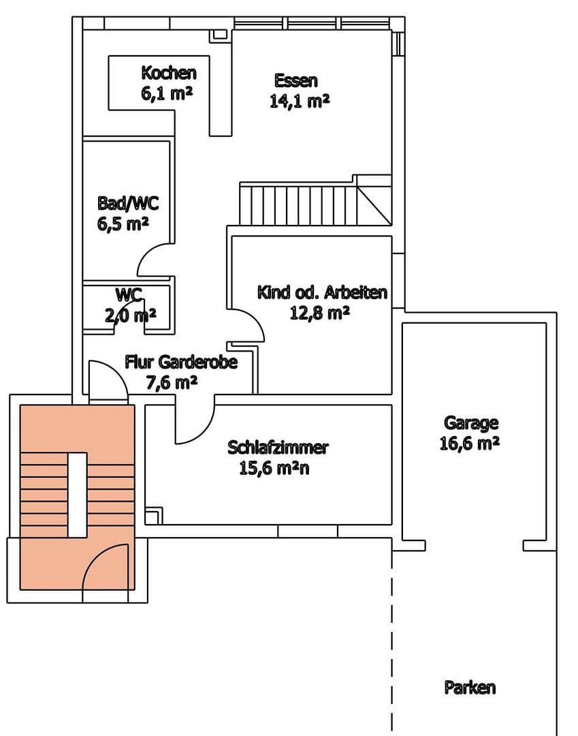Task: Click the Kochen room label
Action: (168, 72)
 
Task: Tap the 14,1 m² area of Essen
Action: (300, 101)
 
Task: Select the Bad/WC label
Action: (123, 203)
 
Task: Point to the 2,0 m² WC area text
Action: (131, 315)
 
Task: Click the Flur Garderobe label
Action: (180, 362)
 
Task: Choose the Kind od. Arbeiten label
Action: (322, 292)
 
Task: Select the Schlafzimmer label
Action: (278, 448)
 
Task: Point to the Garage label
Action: (471, 423)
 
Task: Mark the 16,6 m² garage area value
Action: (470, 444)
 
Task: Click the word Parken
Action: (470, 687)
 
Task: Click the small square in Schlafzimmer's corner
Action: (154, 515)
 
